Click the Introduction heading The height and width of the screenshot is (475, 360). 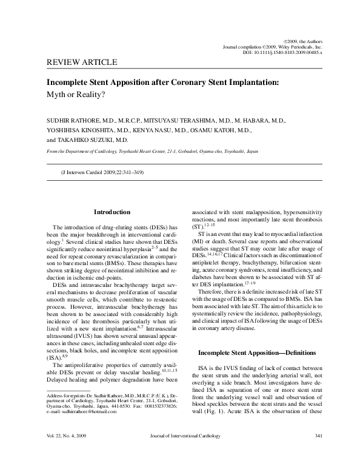click(x=112, y=212)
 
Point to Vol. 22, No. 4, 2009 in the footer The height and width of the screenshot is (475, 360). click(x=69, y=454)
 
